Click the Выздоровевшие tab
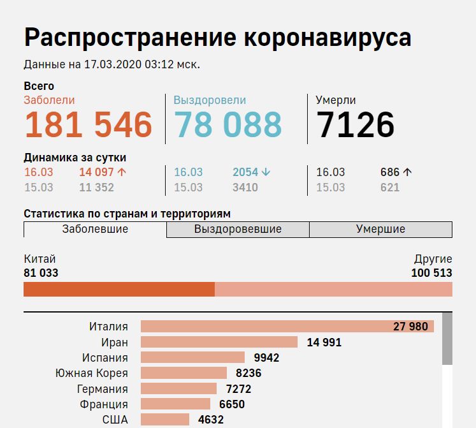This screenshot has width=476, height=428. (x=238, y=230)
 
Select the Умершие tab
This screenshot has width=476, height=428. (x=380, y=230)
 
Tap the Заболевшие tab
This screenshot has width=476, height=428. (x=95, y=229)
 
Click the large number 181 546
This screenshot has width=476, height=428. (x=89, y=124)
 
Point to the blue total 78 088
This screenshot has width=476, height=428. (x=227, y=124)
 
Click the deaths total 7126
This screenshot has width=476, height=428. (x=356, y=124)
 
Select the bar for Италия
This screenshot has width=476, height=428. (x=287, y=327)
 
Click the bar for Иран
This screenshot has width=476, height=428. (x=219, y=342)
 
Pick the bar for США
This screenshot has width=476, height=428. (x=164, y=420)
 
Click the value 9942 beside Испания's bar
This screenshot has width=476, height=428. (x=266, y=358)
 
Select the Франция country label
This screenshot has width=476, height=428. (x=104, y=404)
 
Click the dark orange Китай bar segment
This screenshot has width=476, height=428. (x=119, y=290)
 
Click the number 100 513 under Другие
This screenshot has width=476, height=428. (x=431, y=273)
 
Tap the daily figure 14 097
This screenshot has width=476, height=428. (x=97, y=172)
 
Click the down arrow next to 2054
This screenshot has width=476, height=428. (x=266, y=172)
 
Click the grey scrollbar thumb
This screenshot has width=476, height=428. (x=447, y=338)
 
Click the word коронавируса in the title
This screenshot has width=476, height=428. (x=328, y=38)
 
